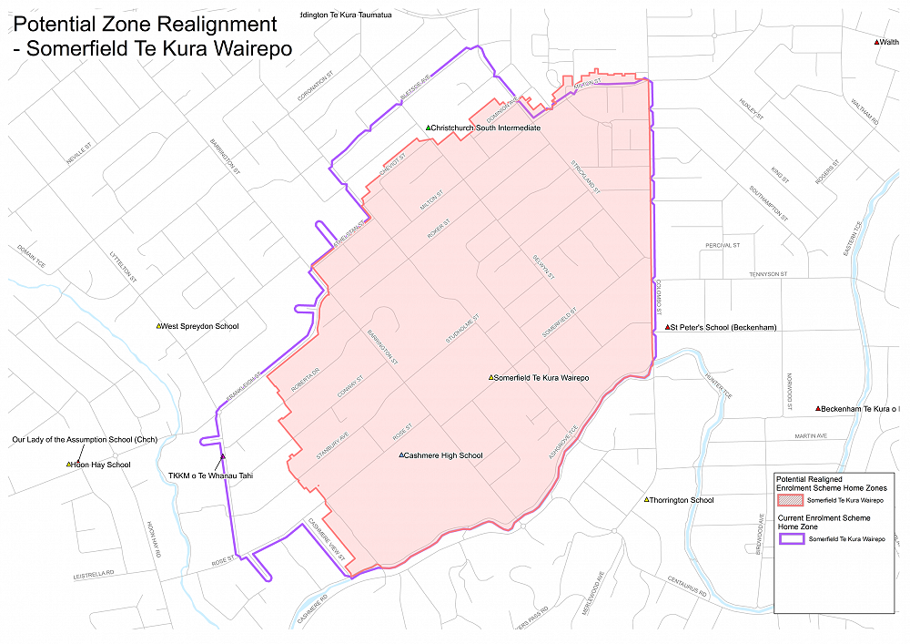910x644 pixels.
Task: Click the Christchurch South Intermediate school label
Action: [486, 128]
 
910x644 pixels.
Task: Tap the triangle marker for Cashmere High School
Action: [401, 455]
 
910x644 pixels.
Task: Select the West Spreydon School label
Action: [199, 326]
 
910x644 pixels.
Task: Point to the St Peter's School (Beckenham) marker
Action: [667, 327]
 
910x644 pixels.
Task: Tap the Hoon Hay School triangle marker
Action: [68, 465]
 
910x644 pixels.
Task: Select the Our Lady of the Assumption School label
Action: [85, 440]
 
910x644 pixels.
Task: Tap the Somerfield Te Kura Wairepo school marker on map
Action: [490, 377]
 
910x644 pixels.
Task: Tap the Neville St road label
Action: [80, 154]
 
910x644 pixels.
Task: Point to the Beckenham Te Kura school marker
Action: [818, 408]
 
